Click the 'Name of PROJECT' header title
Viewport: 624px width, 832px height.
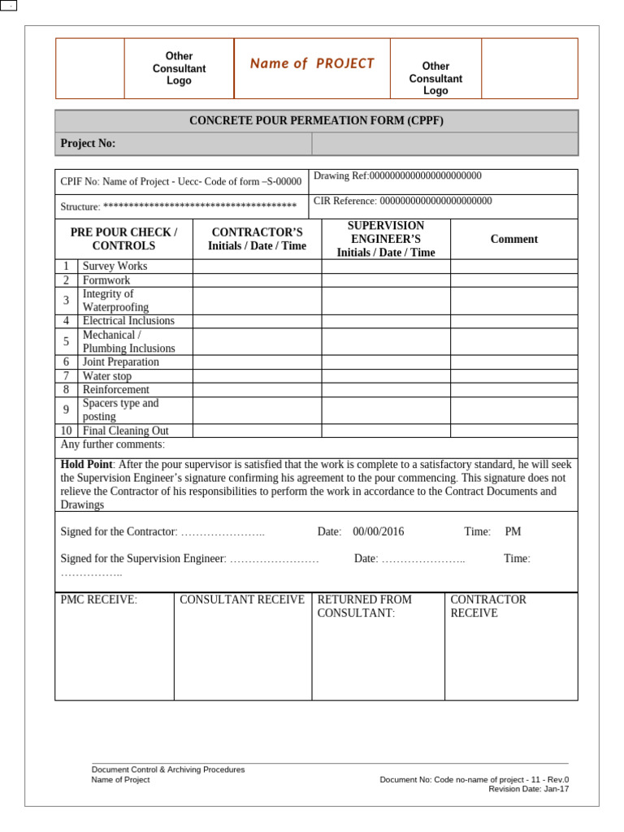[312, 63]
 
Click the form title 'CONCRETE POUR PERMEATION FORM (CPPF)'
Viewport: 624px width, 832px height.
[316, 121]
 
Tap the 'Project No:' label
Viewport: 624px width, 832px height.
[89, 144]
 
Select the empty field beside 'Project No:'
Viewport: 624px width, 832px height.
[444, 144]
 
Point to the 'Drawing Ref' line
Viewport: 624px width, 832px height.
[397, 175]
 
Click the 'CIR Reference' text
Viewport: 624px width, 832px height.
[402, 201]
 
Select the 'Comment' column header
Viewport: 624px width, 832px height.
[513, 239]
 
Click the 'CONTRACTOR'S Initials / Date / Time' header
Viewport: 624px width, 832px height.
[257, 239]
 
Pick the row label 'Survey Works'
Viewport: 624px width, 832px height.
[115, 266]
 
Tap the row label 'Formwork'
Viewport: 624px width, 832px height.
[106, 280]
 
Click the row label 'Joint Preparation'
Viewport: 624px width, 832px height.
[121, 362]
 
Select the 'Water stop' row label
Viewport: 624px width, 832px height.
[107, 376]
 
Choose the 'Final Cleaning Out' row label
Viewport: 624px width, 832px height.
[126, 431]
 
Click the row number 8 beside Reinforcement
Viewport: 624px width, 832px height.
[66, 390]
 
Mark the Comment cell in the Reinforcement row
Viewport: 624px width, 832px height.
[513, 390]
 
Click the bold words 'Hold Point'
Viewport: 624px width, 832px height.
[86, 464]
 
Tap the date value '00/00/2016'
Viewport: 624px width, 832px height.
[378, 531]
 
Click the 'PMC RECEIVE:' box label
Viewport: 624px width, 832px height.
[99, 600]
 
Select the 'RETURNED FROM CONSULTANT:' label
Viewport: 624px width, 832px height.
[364, 606]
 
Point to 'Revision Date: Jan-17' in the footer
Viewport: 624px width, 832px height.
[528, 789]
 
